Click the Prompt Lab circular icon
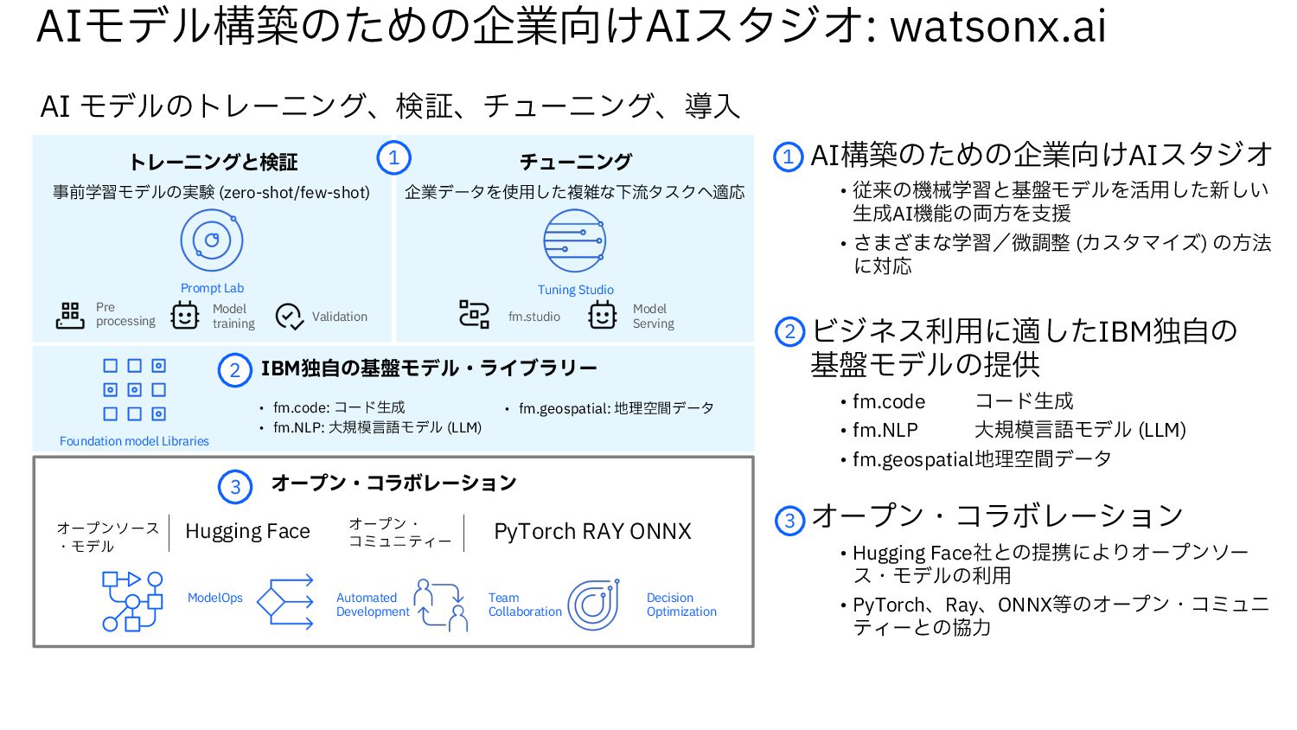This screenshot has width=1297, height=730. point(212,240)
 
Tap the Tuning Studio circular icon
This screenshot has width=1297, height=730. point(575,241)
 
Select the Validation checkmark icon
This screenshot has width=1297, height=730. point(289,317)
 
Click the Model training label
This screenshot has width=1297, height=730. point(233,317)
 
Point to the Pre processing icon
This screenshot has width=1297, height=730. point(70,316)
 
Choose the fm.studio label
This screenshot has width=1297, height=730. point(534,317)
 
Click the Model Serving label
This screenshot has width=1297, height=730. point(653,317)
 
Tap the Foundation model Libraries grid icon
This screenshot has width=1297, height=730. point(134,390)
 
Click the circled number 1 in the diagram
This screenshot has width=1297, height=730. point(393,158)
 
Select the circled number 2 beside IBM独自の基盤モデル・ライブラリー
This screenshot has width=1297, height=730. point(234,370)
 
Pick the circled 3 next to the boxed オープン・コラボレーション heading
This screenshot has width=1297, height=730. point(235,486)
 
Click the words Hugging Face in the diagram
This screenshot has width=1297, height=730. point(247,531)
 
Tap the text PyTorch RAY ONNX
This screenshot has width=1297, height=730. point(592,531)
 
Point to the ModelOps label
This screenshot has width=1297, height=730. point(215,598)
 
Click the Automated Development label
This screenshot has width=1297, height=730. point(373,605)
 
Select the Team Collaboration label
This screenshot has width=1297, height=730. point(525,605)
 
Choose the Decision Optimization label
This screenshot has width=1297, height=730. point(681,605)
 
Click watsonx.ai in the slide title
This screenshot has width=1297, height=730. point(998,26)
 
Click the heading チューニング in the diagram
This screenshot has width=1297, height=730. point(576,162)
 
